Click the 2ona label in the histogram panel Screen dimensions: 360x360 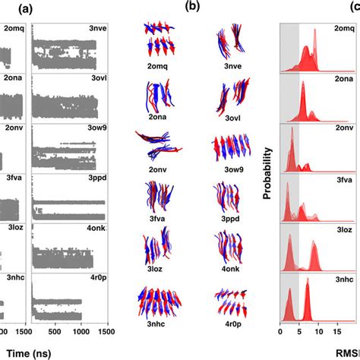click(343, 79)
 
